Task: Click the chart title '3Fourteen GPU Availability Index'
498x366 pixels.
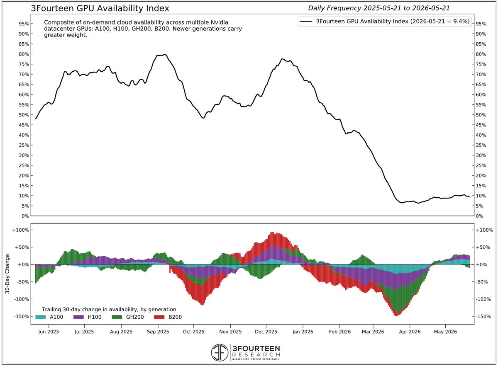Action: (100, 8)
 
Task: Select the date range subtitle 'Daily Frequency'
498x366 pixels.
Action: (334, 8)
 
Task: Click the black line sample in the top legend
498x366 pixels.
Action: (306, 21)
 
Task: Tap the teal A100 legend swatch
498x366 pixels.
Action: (41, 317)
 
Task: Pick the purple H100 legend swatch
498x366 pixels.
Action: (78, 317)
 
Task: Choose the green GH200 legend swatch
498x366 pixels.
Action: (117, 317)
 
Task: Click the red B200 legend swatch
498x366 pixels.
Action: (159, 317)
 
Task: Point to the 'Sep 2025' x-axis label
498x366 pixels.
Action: (158, 332)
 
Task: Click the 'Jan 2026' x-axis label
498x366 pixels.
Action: (303, 332)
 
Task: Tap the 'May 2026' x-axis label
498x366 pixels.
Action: (445, 332)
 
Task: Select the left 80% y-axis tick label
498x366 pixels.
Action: (24, 54)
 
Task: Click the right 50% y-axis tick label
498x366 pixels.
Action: (481, 115)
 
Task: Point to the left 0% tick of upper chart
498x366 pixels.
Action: (25, 216)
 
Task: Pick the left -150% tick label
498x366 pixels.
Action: (22, 317)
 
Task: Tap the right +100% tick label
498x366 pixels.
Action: (484, 230)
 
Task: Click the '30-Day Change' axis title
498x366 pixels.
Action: (7, 274)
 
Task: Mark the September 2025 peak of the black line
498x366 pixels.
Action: (165, 54)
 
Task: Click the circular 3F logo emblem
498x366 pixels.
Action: (220, 352)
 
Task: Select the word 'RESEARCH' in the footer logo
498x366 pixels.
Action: (256, 355)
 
